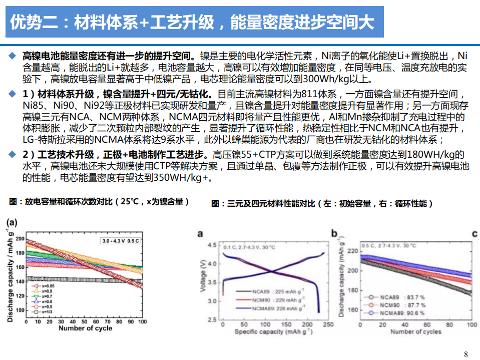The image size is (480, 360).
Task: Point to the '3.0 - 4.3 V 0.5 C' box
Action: pos(120,241)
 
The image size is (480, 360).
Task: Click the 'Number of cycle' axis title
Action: pos(85,328)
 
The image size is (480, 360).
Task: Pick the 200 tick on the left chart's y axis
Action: pos(20,239)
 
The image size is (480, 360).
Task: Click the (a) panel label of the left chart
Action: pos(11,222)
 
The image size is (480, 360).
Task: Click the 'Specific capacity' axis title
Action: pos(264,332)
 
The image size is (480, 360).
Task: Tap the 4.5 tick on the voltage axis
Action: pos(212,245)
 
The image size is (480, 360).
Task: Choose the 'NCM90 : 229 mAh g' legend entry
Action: pos(276,299)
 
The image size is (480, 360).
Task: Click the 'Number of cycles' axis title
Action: pos(416,331)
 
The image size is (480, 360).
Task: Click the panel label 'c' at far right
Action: pos(474,233)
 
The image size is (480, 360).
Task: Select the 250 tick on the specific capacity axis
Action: pos(328,324)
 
